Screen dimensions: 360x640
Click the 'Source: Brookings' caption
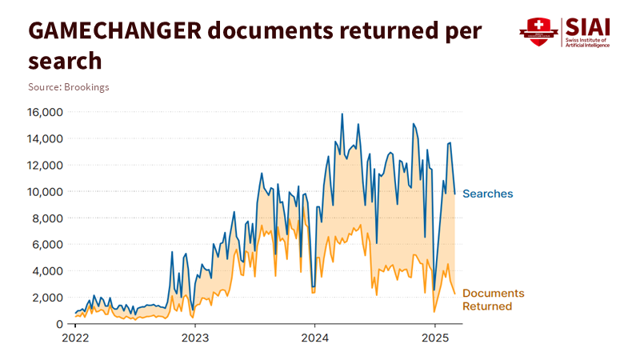tap(69, 86)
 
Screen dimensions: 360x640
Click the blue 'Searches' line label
tap(488, 194)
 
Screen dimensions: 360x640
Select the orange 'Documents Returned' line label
tap(494, 300)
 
